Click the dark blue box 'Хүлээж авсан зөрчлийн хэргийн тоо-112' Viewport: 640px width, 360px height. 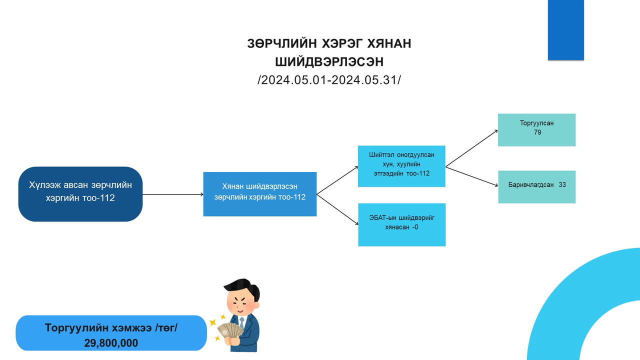coord(80,194)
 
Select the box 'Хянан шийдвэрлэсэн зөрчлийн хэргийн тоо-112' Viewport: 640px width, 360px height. coord(259,194)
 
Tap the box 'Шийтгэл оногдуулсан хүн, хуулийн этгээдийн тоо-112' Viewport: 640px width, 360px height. coord(401,166)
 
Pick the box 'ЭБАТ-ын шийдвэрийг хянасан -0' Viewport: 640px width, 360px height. coord(401,224)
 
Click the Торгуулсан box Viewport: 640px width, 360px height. coord(536,130)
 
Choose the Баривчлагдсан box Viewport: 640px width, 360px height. coord(537,187)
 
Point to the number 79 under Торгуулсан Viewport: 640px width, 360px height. coord(537,132)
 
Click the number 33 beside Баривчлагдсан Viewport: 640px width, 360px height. coord(562,185)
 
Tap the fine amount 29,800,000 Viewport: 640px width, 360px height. coord(111,343)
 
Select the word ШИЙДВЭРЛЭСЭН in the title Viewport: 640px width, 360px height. coord(329,61)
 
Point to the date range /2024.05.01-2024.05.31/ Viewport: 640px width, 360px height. coord(329,80)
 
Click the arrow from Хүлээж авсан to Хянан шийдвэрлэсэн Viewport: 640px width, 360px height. coord(173,194)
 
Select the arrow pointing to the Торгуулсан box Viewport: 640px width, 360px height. coord(471,148)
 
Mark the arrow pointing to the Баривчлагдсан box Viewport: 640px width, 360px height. coord(471,177)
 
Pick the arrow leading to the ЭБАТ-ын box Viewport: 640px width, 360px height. coord(337,209)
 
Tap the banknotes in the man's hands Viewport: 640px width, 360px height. coord(229,330)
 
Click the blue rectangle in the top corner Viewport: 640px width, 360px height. coord(565,30)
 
